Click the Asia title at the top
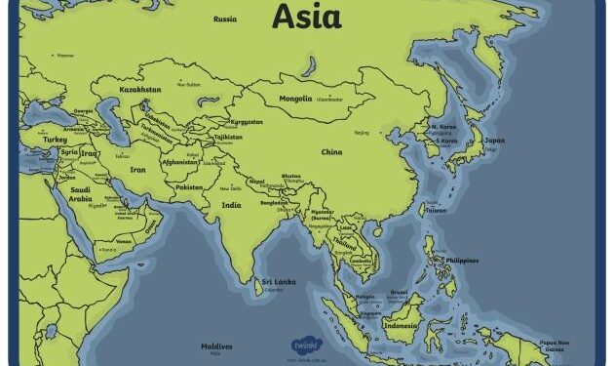coord(307,16)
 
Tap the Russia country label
coord(225,19)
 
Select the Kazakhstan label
coord(140,90)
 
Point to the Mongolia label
coord(296,99)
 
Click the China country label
coord(332,152)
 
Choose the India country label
coord(231,205)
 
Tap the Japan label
coord(494,140)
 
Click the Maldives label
coord(216,346)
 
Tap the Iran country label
coord(136,169)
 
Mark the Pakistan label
coord(191,186)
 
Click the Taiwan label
coord(436,210)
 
